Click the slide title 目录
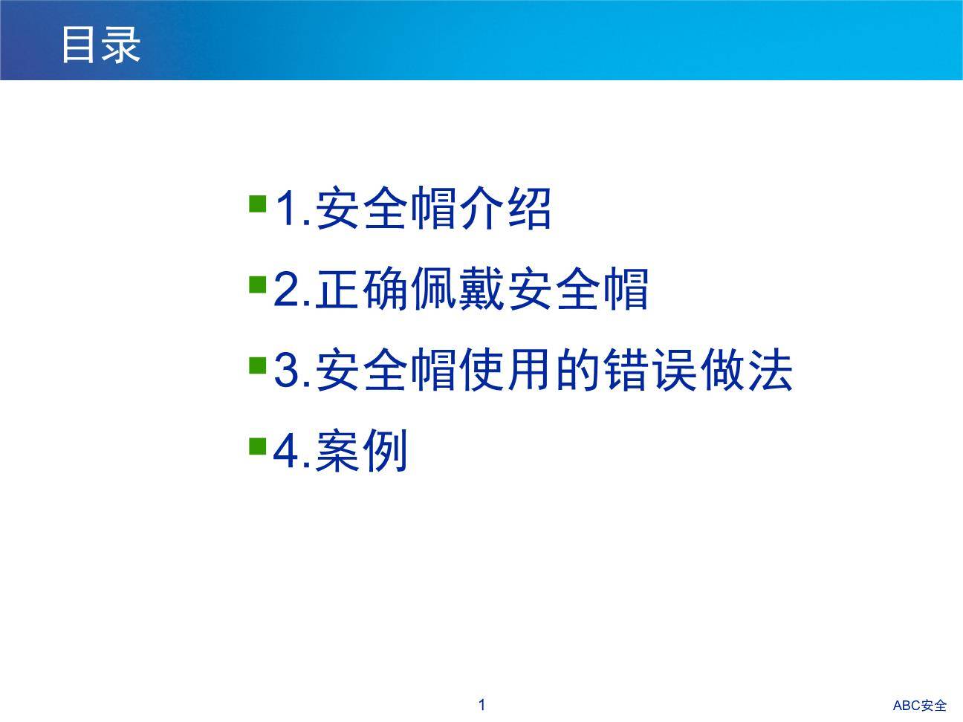click(x=100, y=45)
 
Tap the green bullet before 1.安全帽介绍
click(x=258, y=204)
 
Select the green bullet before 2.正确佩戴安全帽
click(x=258, y=284)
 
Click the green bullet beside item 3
click(x=258, y=365)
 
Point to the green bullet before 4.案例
click(x=258, y=446)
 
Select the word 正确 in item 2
click(x=362, y=289)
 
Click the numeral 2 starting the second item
click(x=286, y=289)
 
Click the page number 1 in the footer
click(x=481, y=705)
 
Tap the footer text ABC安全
click(x=919, y=706)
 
